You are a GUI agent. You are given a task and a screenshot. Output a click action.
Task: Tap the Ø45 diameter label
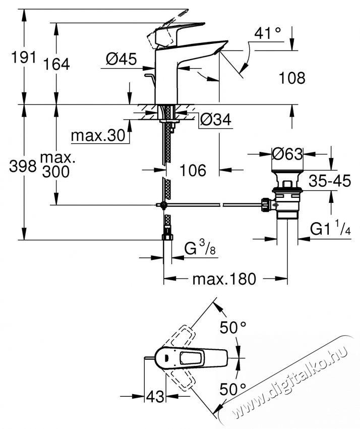tap(121, 60)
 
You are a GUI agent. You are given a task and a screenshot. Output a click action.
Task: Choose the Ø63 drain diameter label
tap(287, 153)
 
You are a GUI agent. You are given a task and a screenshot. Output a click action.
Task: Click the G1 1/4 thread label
tap(330, 229)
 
